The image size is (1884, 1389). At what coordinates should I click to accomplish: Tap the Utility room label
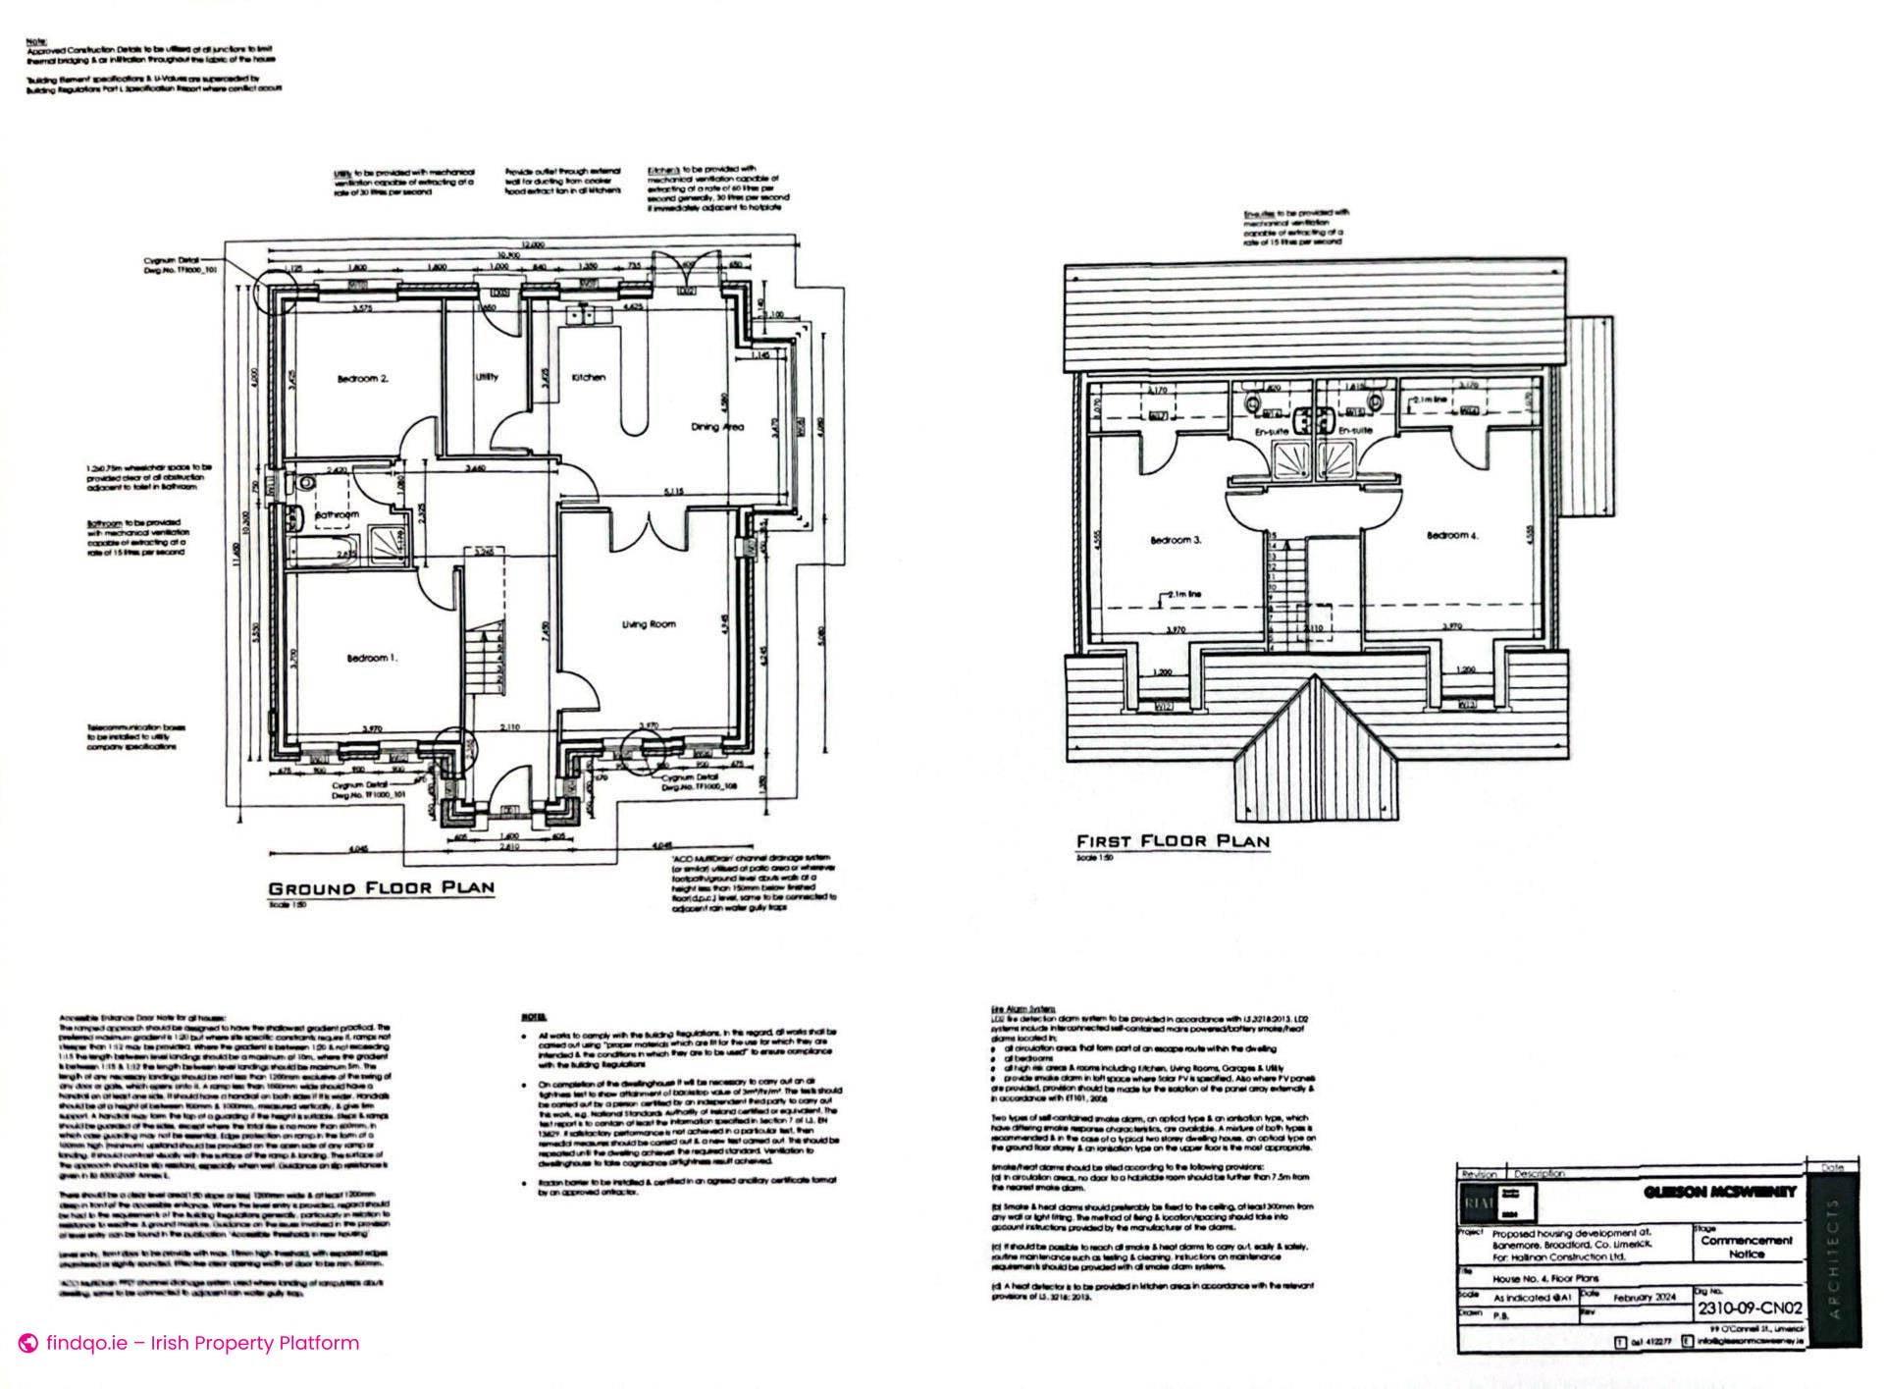tap(486, 377)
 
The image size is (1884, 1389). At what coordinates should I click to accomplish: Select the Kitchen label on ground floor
tap(588, 377)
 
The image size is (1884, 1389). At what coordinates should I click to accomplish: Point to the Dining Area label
tap(717, 426)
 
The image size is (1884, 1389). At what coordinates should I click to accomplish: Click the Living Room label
tap(648, 624)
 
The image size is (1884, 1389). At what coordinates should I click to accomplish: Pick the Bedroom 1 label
tap(371, 658)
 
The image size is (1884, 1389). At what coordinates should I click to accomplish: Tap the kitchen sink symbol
tap(586, 315)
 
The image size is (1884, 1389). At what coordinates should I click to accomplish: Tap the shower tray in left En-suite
tap(1291, 458)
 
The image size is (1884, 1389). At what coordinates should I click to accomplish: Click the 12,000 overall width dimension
tap(532, 243)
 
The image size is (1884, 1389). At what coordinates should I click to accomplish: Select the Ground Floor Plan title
tap(381, 888)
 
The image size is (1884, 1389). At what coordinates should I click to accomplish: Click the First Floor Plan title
tap(1173, 841)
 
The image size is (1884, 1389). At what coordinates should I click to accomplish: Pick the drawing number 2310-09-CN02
tap(1749, 1309)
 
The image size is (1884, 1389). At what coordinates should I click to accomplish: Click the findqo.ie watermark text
tap(202, 1343)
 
